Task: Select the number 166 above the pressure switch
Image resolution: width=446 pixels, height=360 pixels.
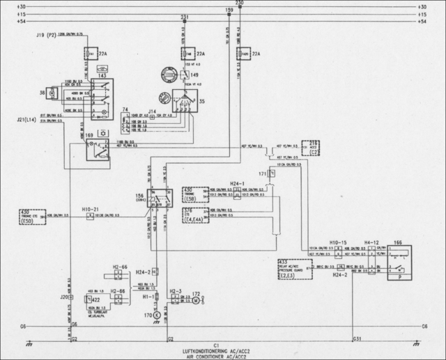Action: [x=398, y=242]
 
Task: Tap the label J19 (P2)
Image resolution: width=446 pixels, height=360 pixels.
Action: [x=46, y=34]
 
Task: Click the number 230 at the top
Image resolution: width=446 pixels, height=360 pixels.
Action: [x=240, y=3]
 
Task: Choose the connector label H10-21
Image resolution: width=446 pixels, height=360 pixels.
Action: [x=91, y=208]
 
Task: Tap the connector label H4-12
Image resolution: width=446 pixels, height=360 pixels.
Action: [x=374, y=242]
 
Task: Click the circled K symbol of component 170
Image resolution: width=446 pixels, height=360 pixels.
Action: [x=157, y=315]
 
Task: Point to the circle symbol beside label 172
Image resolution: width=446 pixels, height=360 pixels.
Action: [x=196, y=300]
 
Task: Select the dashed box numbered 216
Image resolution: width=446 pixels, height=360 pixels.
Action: [x=314, y=146]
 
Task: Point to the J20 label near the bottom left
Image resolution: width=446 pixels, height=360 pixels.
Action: [x=65, y=297]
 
